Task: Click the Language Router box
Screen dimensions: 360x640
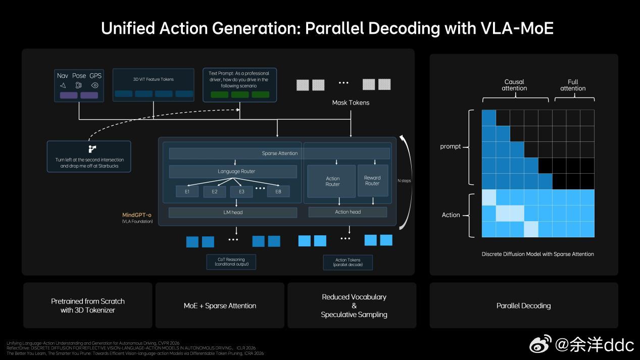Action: tap(233, 171)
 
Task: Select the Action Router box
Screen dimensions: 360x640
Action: tap(332, 181)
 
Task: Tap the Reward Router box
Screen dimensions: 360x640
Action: tap(372, 180)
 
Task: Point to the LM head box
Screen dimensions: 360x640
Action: tap(233, 213)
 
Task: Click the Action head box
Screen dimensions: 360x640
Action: tap(348, 212)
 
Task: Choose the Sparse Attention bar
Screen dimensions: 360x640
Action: tap(279, 153)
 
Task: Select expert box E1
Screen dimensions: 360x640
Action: tap(187, 191)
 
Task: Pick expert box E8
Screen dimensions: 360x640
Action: tap(278, 191)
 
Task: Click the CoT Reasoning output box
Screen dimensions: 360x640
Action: tap(231, 262)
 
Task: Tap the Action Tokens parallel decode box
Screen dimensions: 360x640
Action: tap(348, 262)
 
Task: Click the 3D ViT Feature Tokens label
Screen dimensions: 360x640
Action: tap(153, 79)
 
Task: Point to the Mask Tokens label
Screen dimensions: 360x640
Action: tap(351, 102)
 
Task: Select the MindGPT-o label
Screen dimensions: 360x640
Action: tap(137, 215)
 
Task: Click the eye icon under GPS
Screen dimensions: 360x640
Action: tap(95, 85)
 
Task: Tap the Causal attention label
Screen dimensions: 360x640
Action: tap(514, 85)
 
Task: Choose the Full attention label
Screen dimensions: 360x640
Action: tap(573, 85)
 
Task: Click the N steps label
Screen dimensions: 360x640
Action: tap(404, 180)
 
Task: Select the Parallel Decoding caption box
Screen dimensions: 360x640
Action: tap(523, 305)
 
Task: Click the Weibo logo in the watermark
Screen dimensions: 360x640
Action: tap(541, 345)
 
